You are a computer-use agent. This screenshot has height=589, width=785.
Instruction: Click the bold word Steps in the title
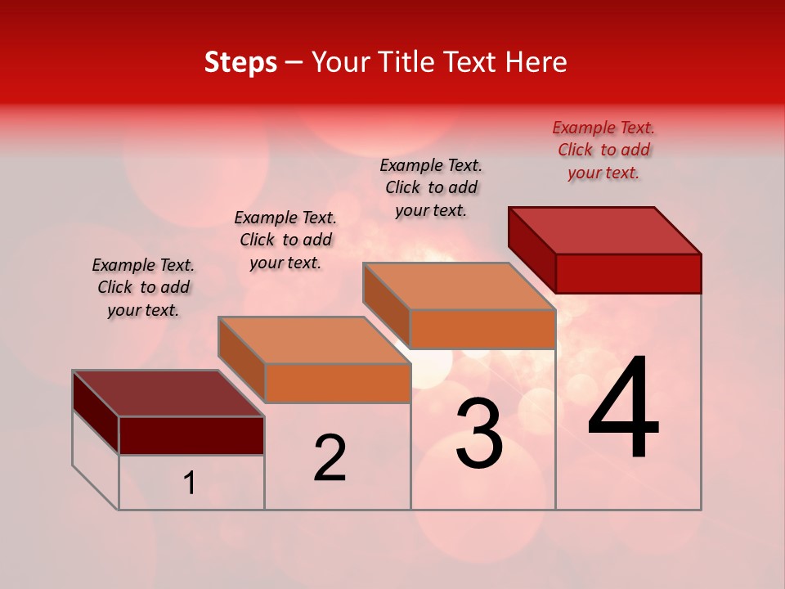240,62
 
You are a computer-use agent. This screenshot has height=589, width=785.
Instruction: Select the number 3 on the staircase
479,434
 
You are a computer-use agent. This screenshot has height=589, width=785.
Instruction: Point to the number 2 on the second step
330,459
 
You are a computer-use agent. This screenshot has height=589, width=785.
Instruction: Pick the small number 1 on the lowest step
190,483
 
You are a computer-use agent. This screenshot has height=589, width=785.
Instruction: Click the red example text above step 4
603,150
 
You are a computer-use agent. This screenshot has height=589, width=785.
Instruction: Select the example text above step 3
431,187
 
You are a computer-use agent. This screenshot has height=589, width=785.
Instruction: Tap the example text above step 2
285,240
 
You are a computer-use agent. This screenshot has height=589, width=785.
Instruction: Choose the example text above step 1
143,287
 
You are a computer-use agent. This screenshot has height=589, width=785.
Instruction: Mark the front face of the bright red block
628,273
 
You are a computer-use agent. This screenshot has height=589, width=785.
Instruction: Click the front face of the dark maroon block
191,435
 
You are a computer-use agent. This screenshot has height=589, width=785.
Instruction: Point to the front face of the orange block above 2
338,383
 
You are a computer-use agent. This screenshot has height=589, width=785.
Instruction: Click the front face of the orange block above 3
482,329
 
